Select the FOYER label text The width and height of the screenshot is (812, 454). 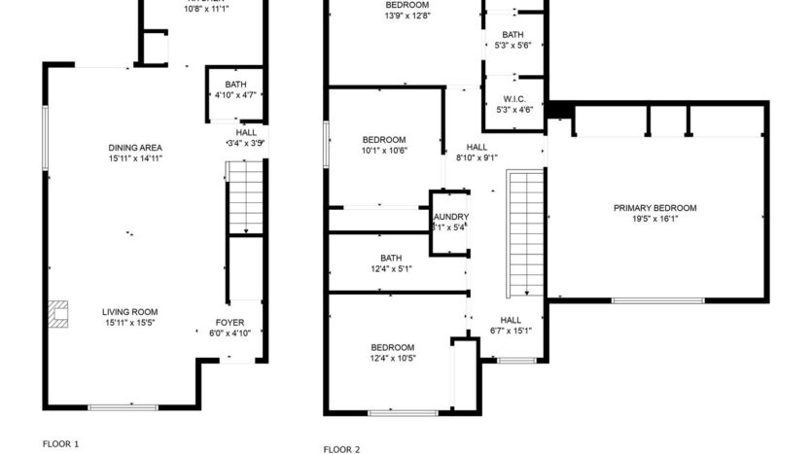(230, 322)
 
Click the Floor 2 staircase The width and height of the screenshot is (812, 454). (525, 232)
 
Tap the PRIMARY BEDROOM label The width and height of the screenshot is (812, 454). (654, 208)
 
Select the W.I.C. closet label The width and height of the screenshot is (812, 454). (514, 99)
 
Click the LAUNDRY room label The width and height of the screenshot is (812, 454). (450, 217)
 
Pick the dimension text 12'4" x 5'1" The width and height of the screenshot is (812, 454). (391, 269)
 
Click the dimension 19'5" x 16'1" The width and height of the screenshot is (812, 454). (654, 219)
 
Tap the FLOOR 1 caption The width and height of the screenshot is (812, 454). (60, 443)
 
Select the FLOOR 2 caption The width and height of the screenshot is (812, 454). (341, 449)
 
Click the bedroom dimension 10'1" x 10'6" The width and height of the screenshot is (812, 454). (383, 150)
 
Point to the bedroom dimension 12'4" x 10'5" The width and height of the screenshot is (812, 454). (392, 358)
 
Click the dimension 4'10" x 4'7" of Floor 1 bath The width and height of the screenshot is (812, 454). (235, 95)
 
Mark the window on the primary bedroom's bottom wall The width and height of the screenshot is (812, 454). (657, 300)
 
